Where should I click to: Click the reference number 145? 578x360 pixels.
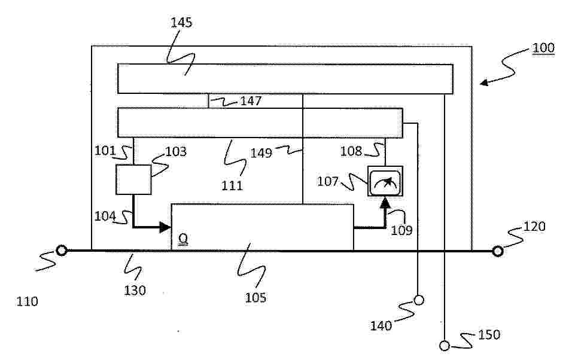point(181,23)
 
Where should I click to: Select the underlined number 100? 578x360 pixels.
point(543,48)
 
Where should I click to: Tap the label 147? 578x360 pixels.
point(251,100)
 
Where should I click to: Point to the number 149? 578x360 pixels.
point(261,152)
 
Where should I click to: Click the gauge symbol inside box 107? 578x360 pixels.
point(385,181)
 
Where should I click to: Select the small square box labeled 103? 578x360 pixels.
point(133,179)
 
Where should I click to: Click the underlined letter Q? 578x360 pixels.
point(183,240)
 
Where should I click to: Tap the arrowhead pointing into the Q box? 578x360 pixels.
point(165,227)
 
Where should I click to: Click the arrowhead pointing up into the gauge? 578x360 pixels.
point(385,202)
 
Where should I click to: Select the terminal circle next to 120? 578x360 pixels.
point(498,251)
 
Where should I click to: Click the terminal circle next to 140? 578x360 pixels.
point(419,300)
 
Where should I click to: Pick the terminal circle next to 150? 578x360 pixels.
point(445,346)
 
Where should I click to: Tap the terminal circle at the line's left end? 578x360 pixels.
point(62,251)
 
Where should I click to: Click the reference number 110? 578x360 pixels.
point(27,301)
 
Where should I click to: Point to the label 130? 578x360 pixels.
point(135,291)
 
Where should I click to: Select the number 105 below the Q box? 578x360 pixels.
point(255,297)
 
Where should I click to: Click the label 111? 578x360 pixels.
point(232,185)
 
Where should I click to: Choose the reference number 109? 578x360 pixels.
point(401,230)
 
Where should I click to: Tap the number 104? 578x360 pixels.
point(105,216)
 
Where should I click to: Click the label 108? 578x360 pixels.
point(351,151)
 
